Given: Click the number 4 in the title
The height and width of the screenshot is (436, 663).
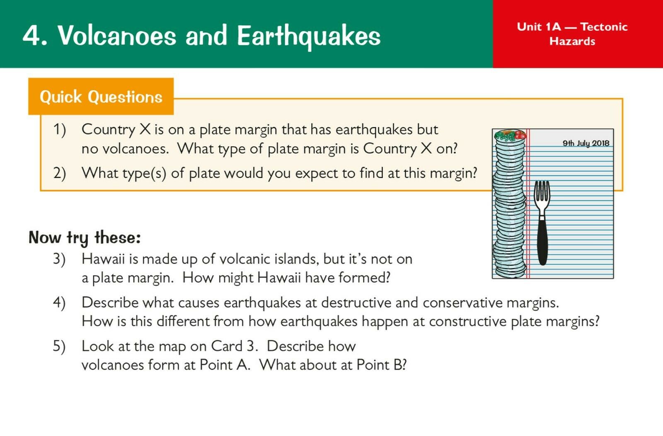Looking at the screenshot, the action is [x=31, y=36].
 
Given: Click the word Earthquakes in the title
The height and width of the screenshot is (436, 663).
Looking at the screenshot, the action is [x=309, y=36].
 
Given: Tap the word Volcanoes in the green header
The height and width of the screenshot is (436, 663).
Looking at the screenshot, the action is [x=117, y=36].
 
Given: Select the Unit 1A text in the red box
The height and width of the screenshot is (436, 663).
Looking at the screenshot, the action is [x=539, y=27].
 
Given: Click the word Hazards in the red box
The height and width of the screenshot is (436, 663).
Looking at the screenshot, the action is [x=572, y=41].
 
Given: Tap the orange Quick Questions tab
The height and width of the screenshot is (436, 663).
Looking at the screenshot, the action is [x=101, y=97].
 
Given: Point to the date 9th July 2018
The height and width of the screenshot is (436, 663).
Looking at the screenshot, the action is [x=586, y=143].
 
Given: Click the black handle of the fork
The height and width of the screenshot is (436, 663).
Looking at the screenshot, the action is [x=542, y=241].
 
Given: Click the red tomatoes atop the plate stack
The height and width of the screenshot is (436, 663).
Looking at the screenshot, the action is [x=520, y=135].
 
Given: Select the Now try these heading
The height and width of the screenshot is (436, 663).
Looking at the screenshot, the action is [x=85, y=237].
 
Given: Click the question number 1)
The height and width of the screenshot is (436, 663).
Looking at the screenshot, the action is [x=60, y=130].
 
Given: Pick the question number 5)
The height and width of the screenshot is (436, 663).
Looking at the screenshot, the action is [x=59, y=346].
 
